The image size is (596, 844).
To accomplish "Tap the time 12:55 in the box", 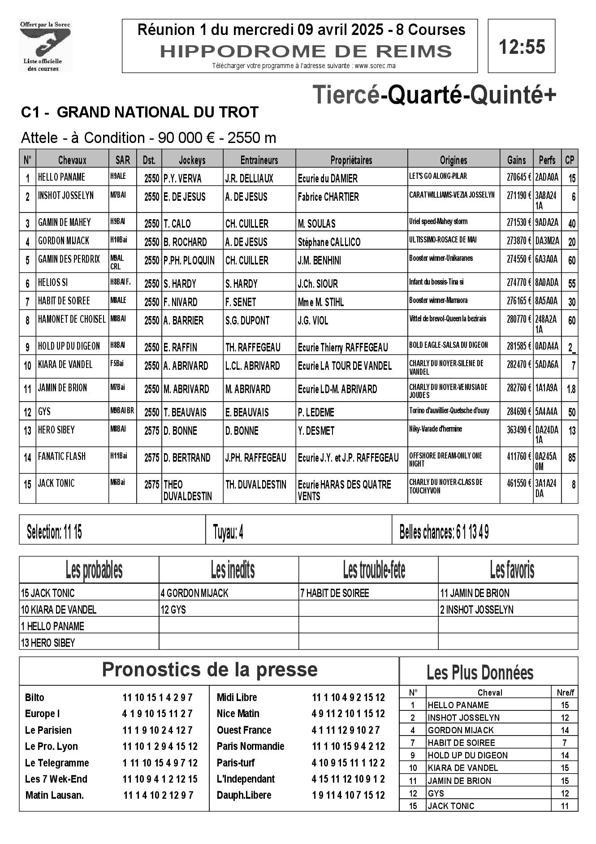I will (522, 47).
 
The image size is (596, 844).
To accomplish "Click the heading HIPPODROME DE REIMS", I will (306, 52).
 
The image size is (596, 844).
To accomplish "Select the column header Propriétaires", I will (351, 160).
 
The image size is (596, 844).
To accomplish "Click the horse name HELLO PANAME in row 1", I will (61, 177).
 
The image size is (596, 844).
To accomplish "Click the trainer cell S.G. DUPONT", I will (247, 320).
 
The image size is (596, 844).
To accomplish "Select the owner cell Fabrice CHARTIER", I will (328, 197).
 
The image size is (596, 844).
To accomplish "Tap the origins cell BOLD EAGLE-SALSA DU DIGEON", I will (449, 345).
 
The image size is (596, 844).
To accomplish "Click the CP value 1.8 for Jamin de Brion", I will (571, 389).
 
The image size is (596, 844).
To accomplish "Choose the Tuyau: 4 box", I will (229, 532).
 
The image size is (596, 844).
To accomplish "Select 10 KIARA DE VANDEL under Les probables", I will (59, 610).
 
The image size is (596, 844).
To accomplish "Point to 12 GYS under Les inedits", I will (173, 610).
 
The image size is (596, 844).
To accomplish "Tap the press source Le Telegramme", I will (57, 763).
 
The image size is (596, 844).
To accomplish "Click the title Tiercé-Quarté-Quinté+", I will (434, 95).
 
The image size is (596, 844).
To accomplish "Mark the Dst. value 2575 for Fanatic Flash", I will (152, 458).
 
